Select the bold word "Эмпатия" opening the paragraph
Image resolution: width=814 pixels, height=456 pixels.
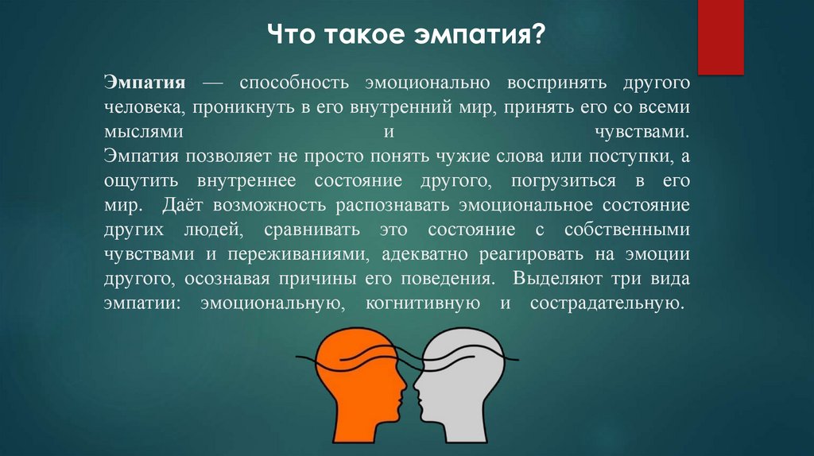(144, 83)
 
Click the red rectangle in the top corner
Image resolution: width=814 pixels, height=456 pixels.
(720, 37)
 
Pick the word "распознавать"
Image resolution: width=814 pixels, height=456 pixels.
(393, 205)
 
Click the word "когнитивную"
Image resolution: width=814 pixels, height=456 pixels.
(422, 303)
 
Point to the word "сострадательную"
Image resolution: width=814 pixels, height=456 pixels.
(607, 303)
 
